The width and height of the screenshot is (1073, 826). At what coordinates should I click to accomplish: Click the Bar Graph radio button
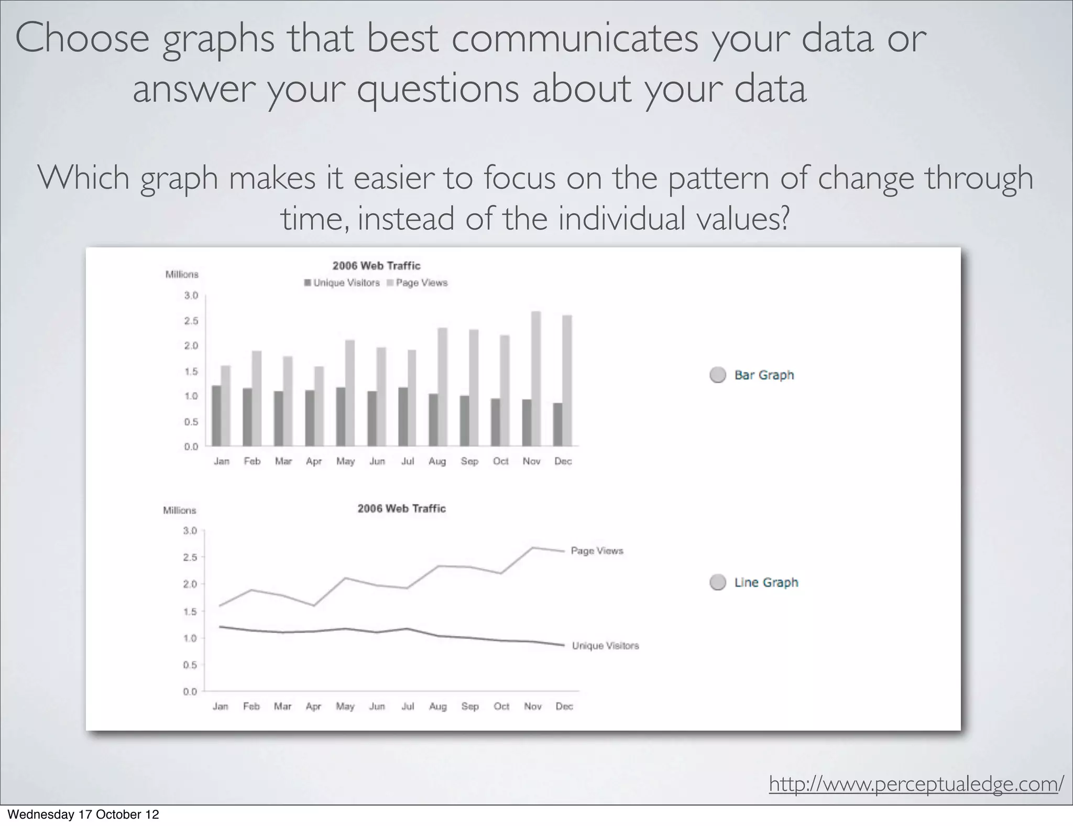pos(717,375)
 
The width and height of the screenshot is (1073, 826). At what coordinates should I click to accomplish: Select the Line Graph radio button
pos(717,582)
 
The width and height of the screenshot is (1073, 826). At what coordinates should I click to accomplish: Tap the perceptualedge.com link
pos(916,784)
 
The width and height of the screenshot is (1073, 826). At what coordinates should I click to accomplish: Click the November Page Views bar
pos(536,378)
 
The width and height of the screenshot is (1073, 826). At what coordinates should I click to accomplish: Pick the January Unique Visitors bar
pos(216,416)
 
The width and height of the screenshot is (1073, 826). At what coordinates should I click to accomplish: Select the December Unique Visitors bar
pos(558,425)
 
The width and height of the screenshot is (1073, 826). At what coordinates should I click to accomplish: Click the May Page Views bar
pos(350,393)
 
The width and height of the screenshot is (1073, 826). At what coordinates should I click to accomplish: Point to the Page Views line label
pos(597,551)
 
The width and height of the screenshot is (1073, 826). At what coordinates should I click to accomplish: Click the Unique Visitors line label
pos(605,646)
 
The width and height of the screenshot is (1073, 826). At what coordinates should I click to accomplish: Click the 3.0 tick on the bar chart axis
pos(191,296)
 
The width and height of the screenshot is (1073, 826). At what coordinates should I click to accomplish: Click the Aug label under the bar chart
pos(437,461)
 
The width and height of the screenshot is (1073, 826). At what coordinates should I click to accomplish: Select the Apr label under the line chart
pos(313,707)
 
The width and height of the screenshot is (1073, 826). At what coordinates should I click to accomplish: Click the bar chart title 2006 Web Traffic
pos(376,266)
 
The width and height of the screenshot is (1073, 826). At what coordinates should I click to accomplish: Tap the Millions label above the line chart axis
pos(180,510)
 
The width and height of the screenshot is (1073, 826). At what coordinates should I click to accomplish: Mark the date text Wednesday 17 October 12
pos(83,814)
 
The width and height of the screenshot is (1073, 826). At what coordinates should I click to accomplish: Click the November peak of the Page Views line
pos(533,548)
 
